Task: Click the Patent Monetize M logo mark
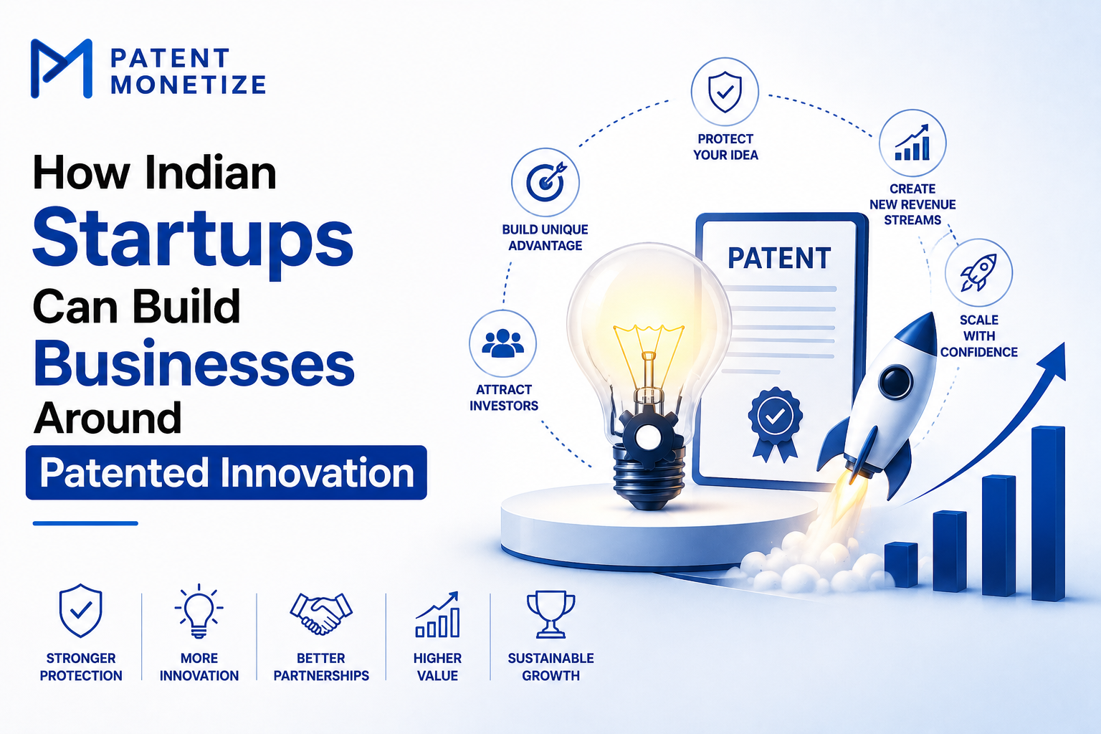[x=62, y=68]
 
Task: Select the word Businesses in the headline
[x=194, y=364]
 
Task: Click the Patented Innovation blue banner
[x=226, y=472]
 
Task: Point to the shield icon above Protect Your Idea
[x=725, y=92]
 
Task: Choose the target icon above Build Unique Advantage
[x=545, y=182]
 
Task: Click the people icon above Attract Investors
[x=502, y=343]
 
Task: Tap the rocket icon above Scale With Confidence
[x=978, y=272]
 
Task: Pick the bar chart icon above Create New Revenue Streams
[x=912, y=143]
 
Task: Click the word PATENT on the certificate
[x=779, y=258]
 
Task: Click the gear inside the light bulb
[x=649, y=436]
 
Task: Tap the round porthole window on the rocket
[x=895, y=382]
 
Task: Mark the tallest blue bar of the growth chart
[x=1048, y=514]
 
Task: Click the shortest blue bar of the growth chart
[x=901, y=565]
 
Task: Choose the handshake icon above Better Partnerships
[x=321, y=613]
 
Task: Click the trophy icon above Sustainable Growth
[x=550, y=614]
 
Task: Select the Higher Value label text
[x=437, y=667]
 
